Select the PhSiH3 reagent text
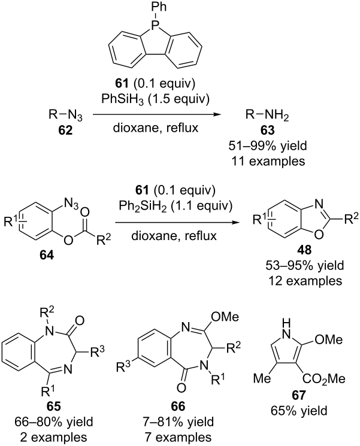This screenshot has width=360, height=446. click(120, 99)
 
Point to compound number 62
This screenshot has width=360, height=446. click(65, 131)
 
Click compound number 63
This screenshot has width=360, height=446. click(267, 131)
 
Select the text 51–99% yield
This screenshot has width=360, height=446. click(268, 145)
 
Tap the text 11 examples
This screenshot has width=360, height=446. click(268, 161)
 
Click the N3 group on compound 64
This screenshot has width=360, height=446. click(71, 204)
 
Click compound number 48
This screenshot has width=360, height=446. click(304, 250)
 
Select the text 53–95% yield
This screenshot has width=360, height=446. click(305, 265)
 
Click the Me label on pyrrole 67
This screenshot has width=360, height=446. click(262, 378)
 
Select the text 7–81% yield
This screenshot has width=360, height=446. click(179, 421)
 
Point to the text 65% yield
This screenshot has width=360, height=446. click(299, 411)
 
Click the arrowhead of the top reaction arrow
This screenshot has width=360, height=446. click(217, 114)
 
